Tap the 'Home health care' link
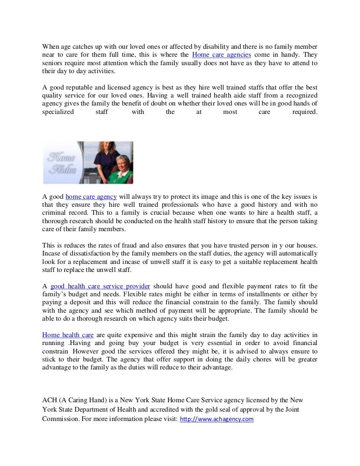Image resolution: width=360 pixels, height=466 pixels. point(68,335)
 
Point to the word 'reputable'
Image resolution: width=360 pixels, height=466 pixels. point(83,88)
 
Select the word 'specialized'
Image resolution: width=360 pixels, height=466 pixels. point(58,112)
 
